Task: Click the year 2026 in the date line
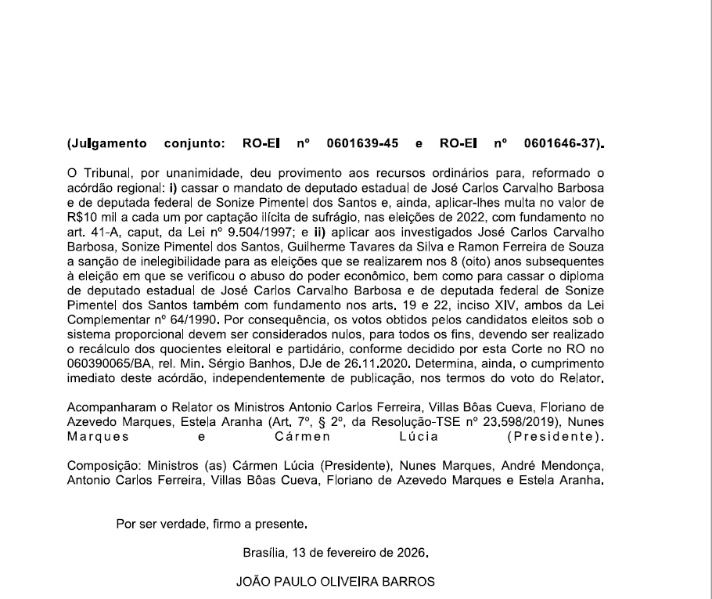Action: click(413, 552)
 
